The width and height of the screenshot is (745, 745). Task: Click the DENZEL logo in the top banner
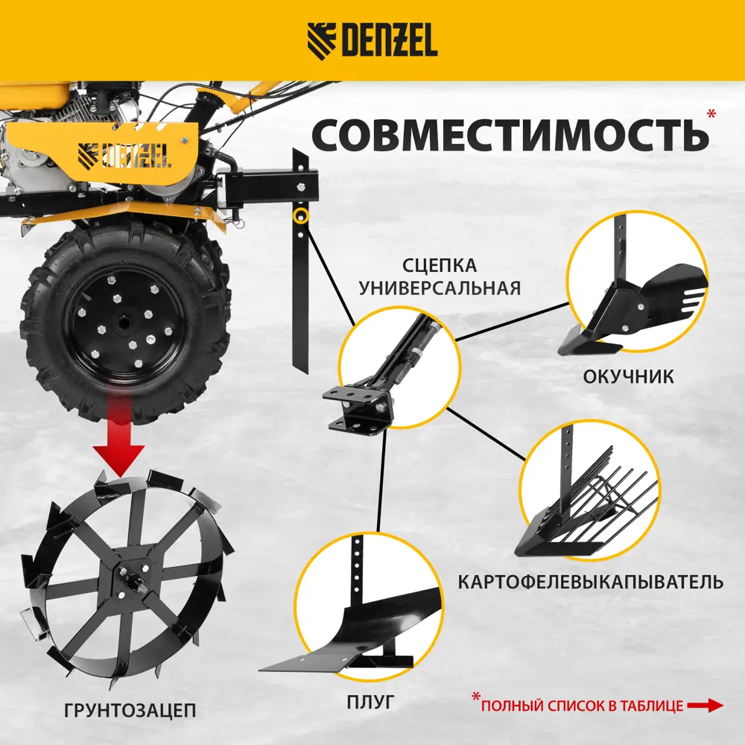(372, 40)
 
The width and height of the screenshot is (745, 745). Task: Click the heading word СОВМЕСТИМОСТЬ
(510, 135)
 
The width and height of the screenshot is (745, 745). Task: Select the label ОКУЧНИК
(630, 376)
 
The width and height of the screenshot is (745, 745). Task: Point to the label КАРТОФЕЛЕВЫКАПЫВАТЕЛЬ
(590, 581)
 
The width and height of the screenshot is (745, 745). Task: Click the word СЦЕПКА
(439, 266)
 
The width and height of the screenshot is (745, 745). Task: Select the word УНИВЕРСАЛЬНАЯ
(439, 288)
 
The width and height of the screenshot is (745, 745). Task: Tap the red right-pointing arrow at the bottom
(705, 705)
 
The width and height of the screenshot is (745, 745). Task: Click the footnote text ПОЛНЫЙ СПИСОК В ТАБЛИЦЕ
(582, 706)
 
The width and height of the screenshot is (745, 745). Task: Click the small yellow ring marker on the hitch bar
(302, 216)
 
